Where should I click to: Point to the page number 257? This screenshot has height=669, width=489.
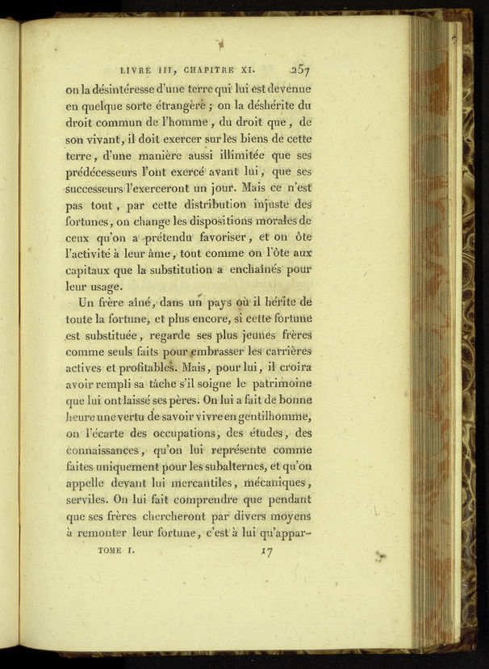coord(298,69)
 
